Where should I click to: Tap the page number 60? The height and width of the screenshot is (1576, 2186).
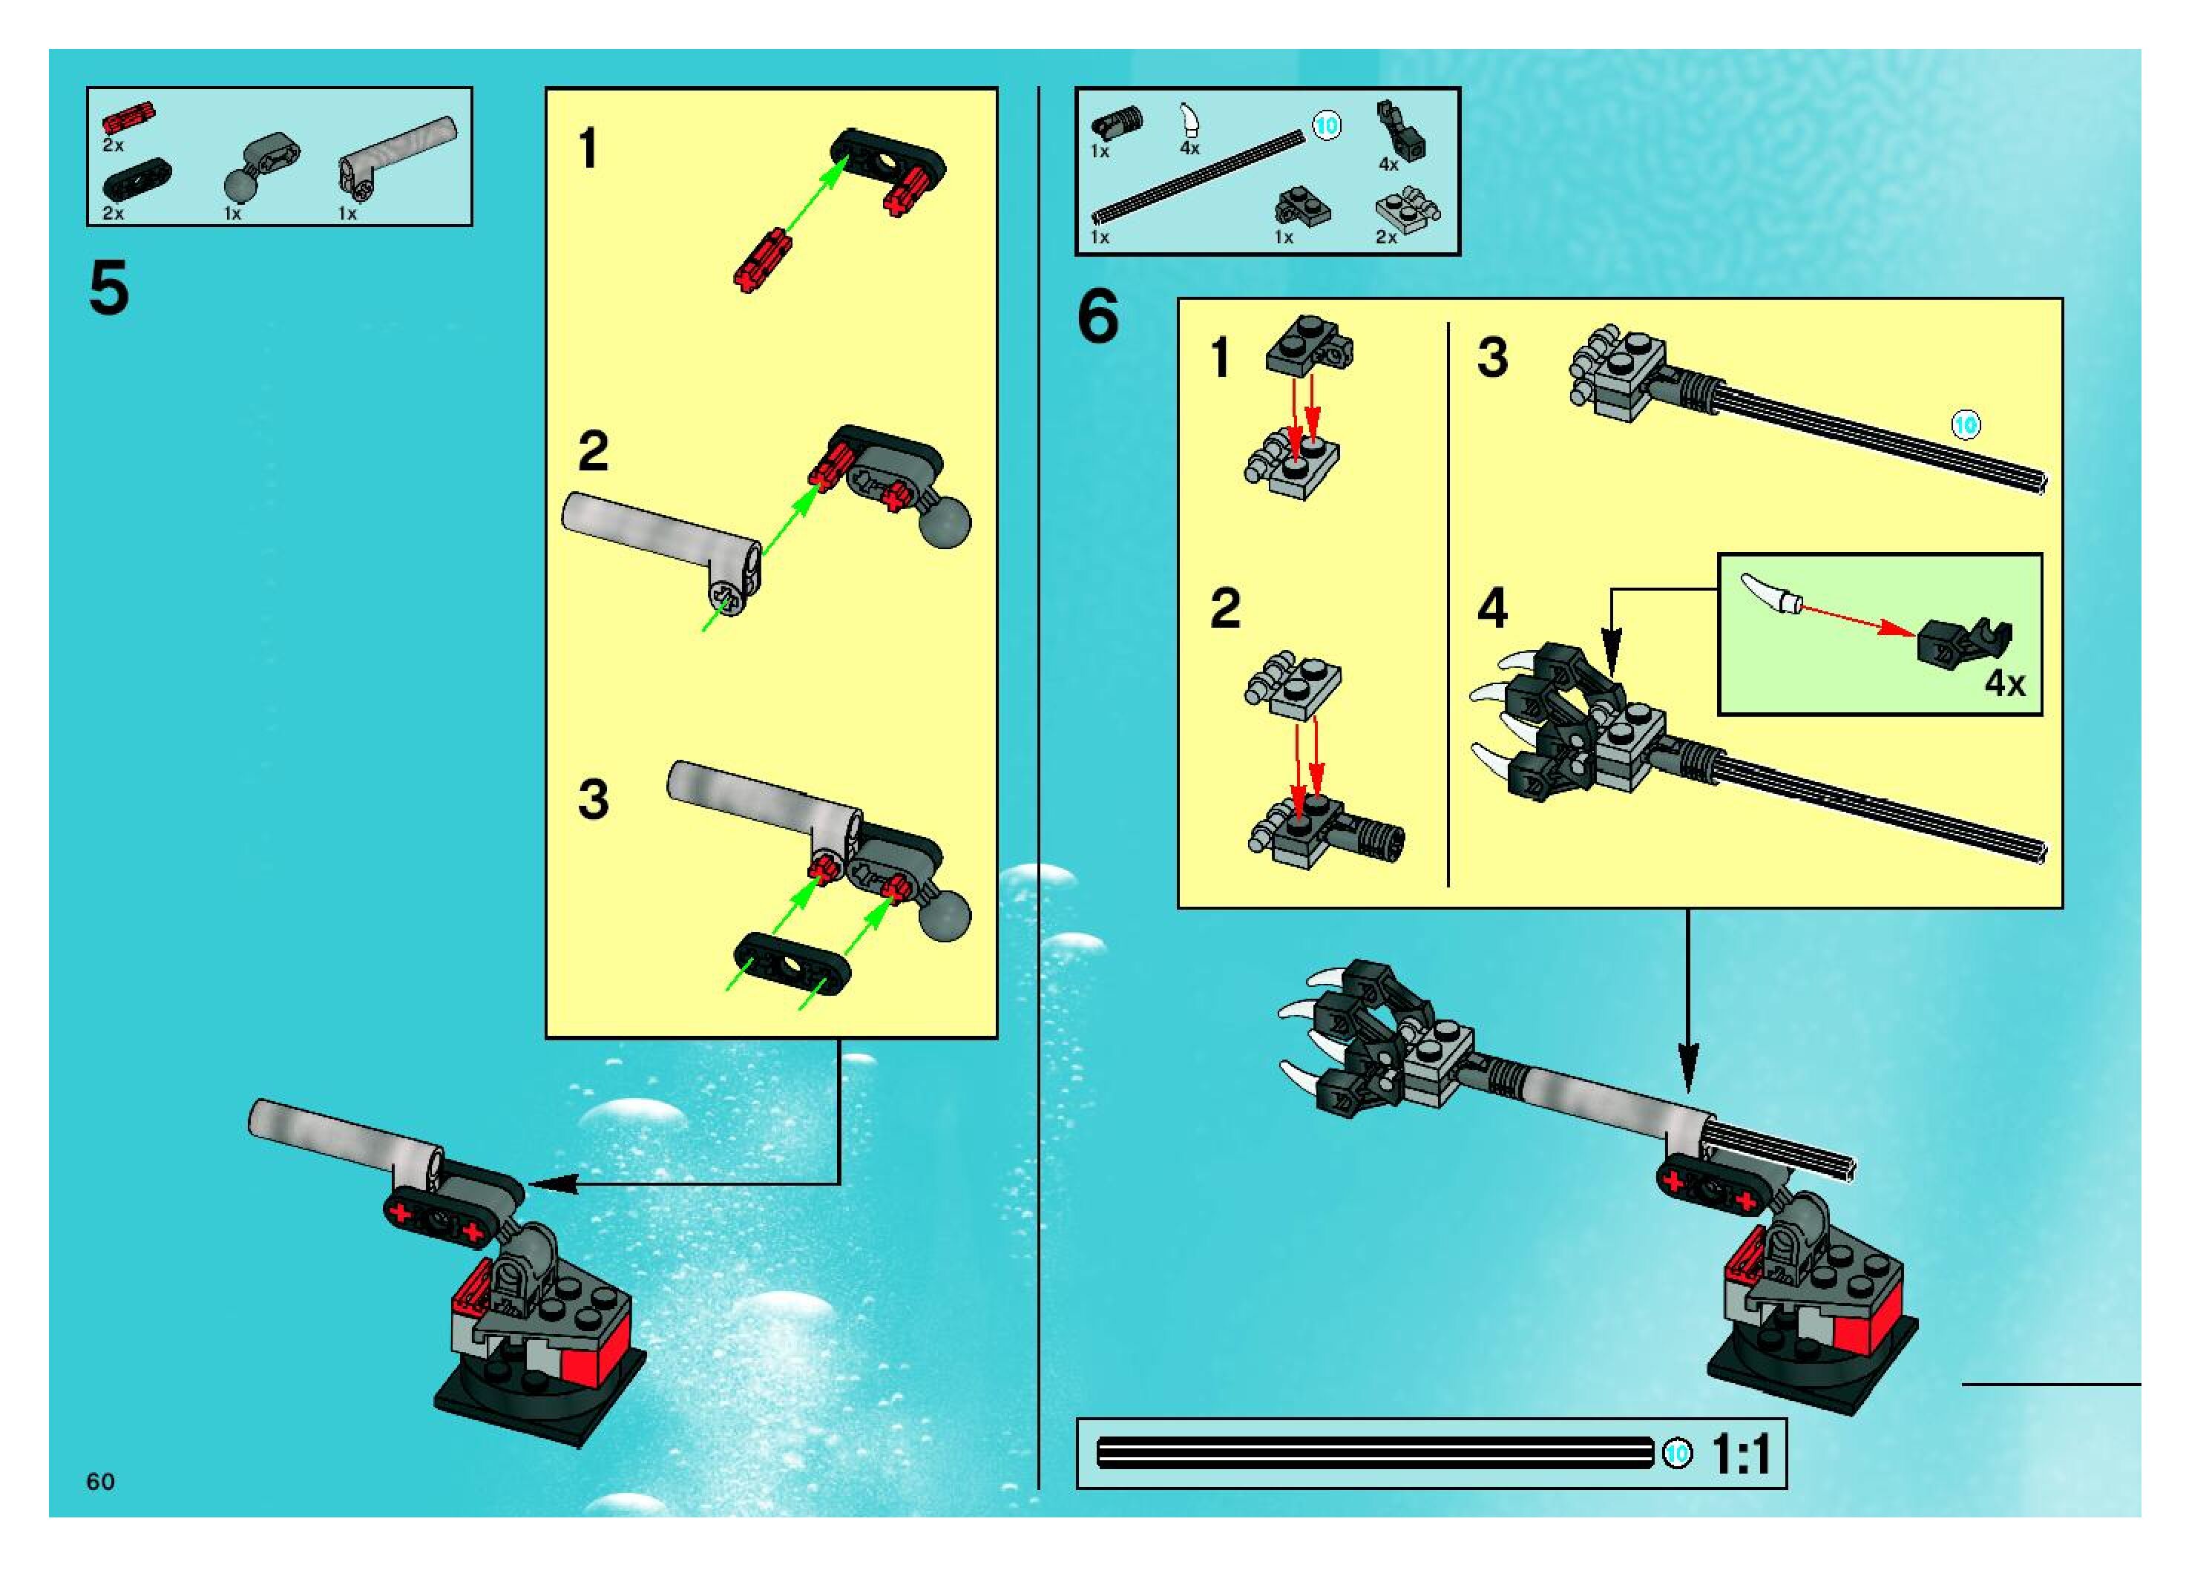[x=100, y=1482]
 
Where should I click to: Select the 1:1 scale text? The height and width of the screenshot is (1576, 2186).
[x=1741, y=1454]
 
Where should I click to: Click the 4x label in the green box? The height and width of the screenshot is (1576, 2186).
[x=2005, y=683]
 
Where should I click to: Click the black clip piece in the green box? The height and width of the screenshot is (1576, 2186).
[x=1963, y=641]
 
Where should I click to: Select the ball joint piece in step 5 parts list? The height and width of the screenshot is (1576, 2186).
[x=258, y=164]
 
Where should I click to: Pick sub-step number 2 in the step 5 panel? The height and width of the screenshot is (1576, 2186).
[x=593, y=451]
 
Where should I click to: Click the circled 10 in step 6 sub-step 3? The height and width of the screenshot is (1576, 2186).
[x=1966, y=425]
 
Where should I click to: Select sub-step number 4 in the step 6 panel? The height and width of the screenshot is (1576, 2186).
[x=1492, y=608]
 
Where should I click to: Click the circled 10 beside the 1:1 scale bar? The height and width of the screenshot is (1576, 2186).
[x=1678, y=1454]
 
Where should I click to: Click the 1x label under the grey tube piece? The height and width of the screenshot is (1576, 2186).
[x=347, y=213]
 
